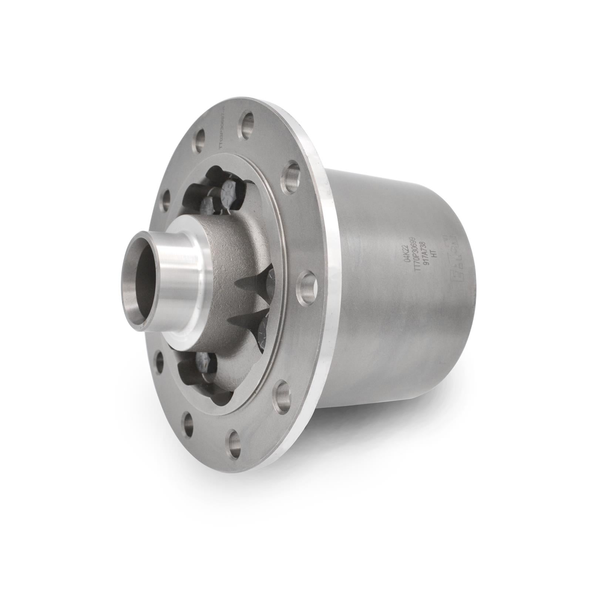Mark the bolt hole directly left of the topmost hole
coord(200,141)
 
